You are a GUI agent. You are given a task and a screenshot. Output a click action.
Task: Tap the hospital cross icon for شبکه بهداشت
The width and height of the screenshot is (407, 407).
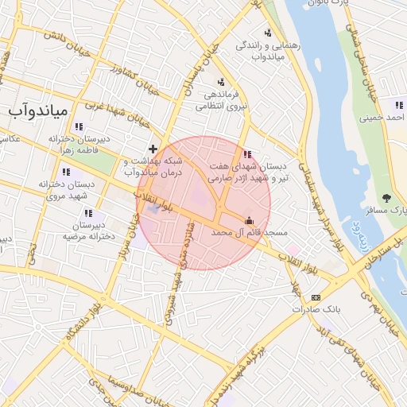(x=153, y=149)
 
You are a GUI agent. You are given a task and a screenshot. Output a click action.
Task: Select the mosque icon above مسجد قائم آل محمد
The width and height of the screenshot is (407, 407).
(x=250, y=220)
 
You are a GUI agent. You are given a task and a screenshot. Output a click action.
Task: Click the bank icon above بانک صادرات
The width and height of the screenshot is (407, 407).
(x=316, y=297)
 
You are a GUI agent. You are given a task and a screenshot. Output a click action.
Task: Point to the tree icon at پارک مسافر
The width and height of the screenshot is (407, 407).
(x=387, y=197)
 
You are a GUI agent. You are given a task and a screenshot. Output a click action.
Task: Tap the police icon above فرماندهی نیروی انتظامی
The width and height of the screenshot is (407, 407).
(x=220, y=81)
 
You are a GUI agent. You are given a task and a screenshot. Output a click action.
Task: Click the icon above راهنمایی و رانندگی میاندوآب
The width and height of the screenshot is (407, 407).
(x=268, y=33)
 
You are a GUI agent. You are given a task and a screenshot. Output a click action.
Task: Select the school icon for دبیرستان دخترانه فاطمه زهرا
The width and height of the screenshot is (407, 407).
(x=78, y=126)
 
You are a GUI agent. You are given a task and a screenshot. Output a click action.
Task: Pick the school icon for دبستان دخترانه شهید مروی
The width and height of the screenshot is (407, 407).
(x=65, y=172)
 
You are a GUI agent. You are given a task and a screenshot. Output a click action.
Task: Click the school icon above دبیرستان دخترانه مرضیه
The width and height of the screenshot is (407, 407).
(x=88, y=213)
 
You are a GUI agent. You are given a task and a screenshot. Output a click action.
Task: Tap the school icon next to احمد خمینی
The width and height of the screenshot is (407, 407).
(x=399, y=104)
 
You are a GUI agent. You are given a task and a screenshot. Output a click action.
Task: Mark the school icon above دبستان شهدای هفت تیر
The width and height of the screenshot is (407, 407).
(x=248, y=153)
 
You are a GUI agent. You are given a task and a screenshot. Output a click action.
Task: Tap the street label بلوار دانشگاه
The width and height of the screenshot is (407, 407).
(x=83, y=318)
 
